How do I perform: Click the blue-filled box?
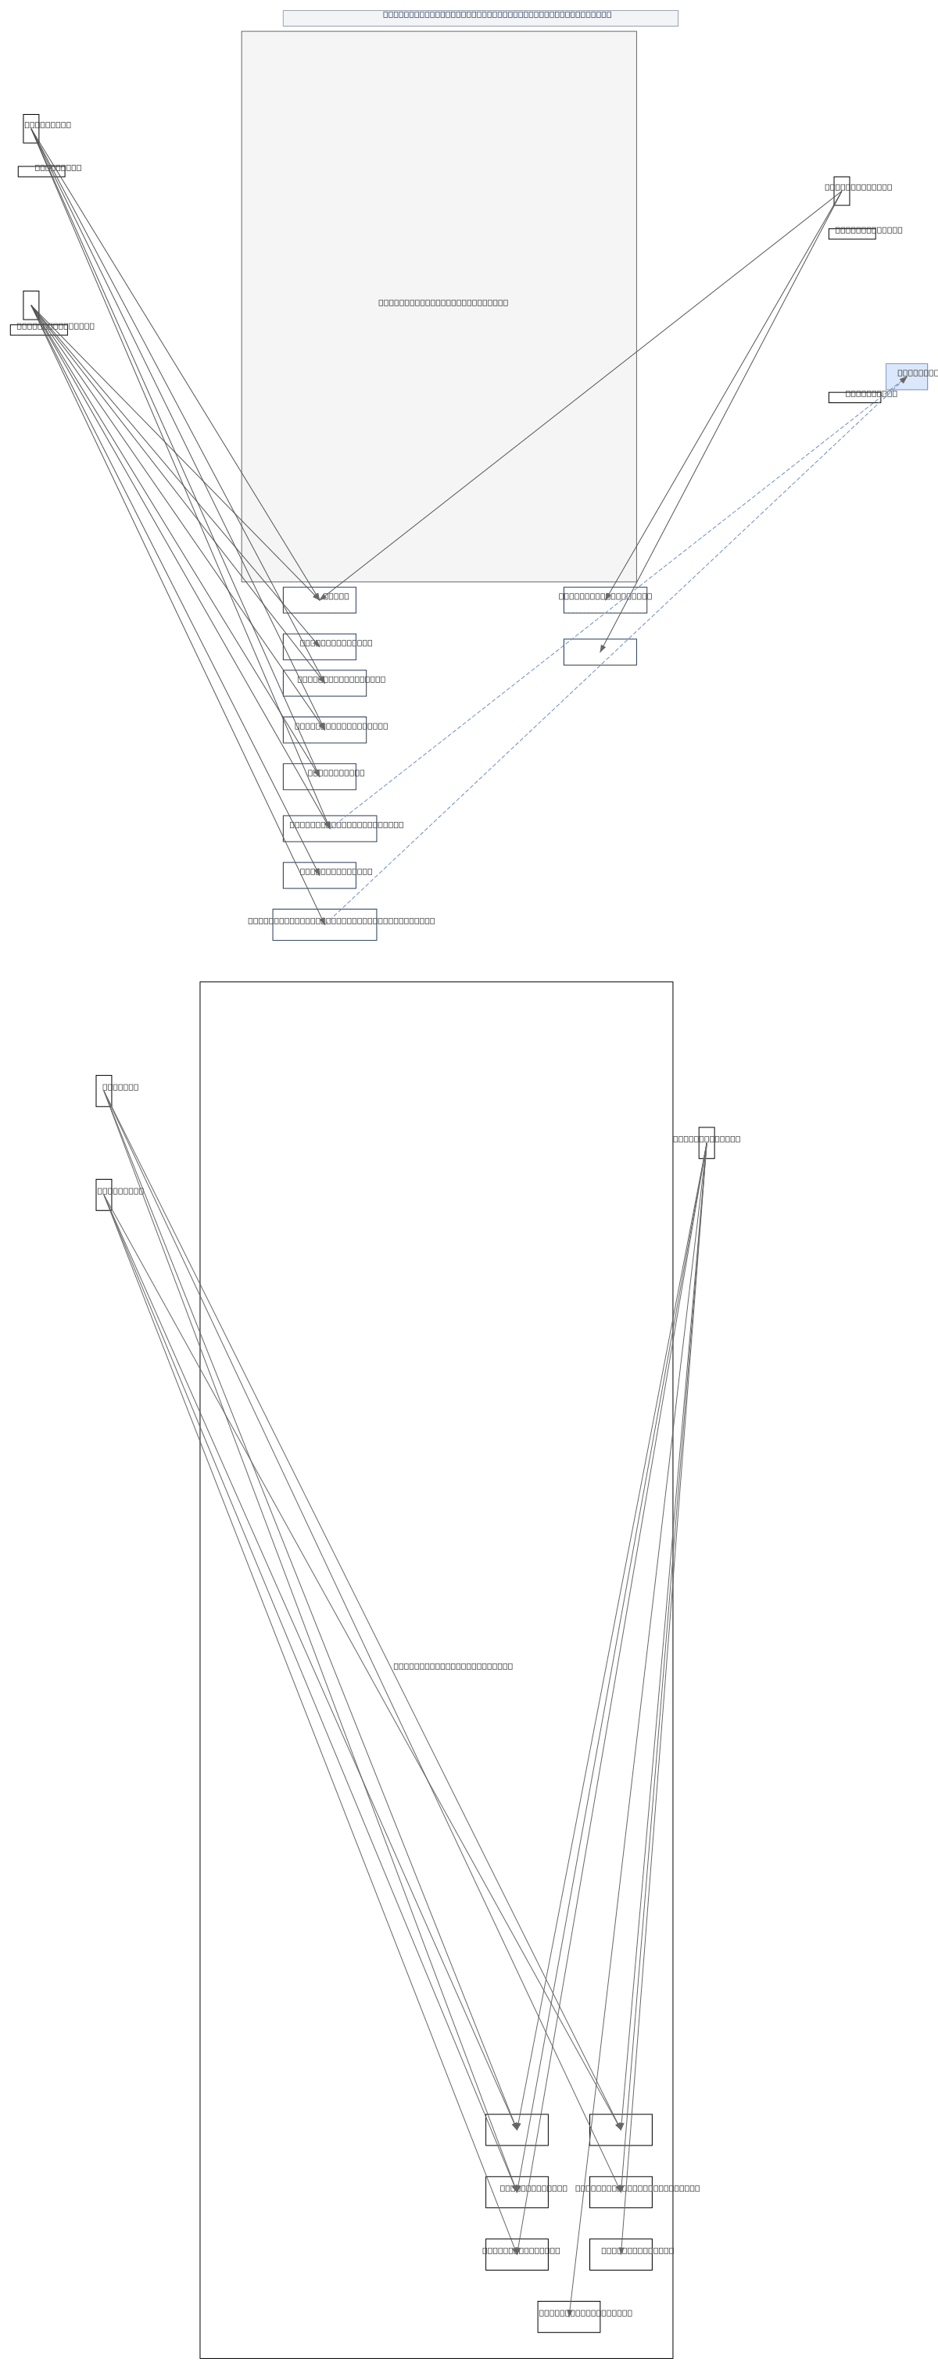click(906, 376)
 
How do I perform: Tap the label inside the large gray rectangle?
click(442, 302)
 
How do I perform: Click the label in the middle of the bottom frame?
click(453, 1666)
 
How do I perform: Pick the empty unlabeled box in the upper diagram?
click(600, 652)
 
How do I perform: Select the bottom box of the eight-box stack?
click(324, 924)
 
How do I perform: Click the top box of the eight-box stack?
click(319, 599)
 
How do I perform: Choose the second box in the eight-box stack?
click(319, 646)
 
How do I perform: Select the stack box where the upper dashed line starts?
click(329, 828)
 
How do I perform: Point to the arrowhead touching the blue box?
click(903, 379)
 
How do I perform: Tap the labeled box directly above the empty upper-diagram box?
click(605, 599)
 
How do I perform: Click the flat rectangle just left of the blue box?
click(854, 397)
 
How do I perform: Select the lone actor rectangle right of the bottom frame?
click(707, 1142)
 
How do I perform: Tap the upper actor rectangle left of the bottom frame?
click(104, 1091)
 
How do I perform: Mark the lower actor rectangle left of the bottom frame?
click(104, 1195)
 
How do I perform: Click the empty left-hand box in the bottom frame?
click(517, 2130)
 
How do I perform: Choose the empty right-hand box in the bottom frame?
click(621, 2130)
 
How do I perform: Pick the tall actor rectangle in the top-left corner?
click(31, 129)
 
